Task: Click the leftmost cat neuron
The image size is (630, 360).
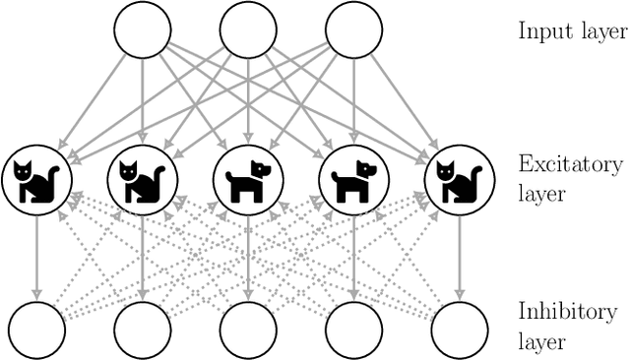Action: pyautogui.click(x=35, y=180)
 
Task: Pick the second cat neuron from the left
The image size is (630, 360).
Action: pyautogui.click(x=142, y=180)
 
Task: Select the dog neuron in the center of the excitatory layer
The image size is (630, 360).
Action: pyautogui.click(x=248, y=180)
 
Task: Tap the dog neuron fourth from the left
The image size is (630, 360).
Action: pyautogui.click(x=353, y=180)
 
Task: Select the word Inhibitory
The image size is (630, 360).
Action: pyautogui.click(x=567, y=313)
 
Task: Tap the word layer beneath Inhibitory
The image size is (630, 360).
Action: pyautogui.click(x=541, y=343)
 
